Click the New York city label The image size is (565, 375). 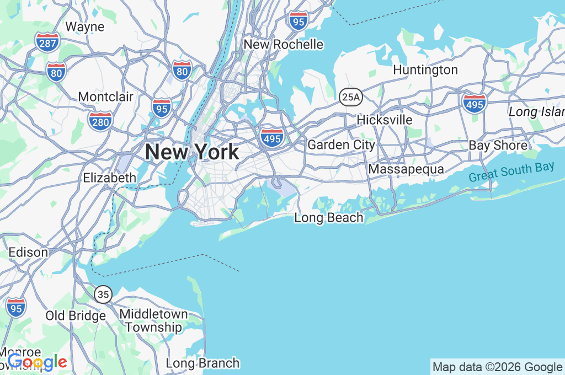click(192, 152)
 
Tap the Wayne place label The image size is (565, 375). click(84, 26)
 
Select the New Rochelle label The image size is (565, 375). click(283, 44)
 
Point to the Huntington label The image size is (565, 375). click(425, 70)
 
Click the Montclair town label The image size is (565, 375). click(105, 97)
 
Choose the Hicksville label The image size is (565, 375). click(384, 120)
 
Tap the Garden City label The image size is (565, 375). click(341, 145)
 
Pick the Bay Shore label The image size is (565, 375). click(498, 146)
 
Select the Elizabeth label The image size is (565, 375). click(109, 178)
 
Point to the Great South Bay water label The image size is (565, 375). click(511, 173)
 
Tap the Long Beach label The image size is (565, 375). click(329, 218)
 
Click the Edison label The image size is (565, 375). click(28, 253)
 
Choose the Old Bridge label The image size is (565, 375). click(76, 316)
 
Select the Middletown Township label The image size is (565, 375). click(153, 320)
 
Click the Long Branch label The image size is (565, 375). click(202, 363)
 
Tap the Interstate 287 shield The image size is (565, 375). click(47, 42)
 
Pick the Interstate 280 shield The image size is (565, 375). click(100, 120)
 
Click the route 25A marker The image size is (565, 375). click(350, 98)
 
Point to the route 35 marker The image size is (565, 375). click(103, 294)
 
